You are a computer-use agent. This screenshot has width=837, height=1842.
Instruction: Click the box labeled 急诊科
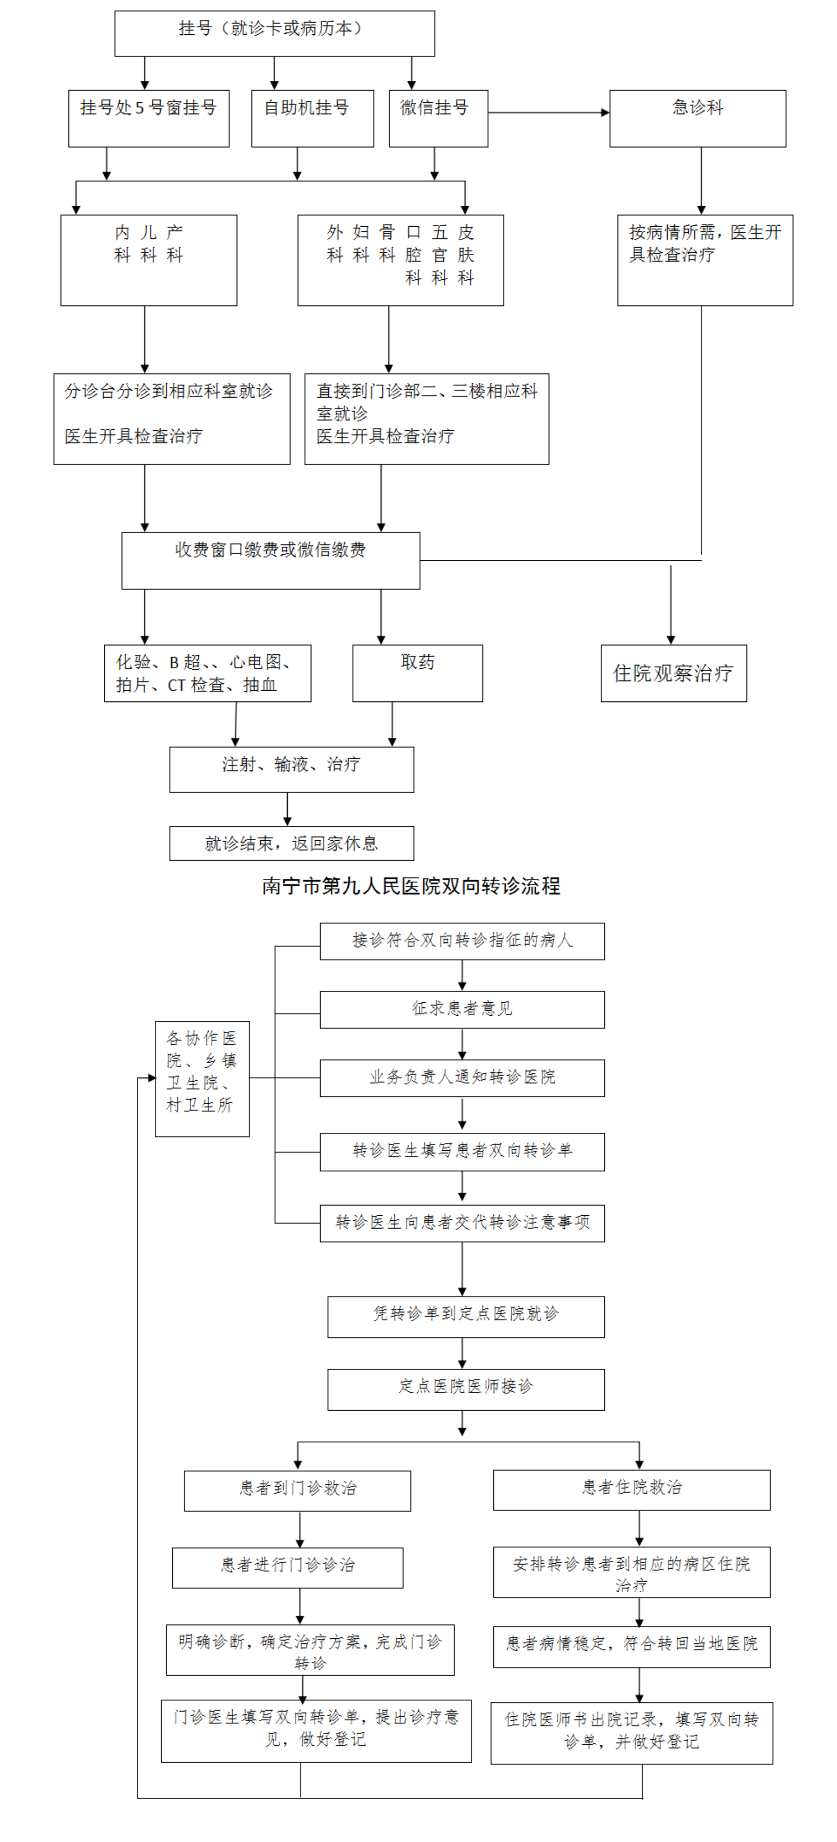(x=697, y=119)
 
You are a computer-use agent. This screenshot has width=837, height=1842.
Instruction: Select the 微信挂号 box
(x=438, y=119)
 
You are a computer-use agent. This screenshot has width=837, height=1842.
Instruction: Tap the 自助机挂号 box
(x=312, y=119)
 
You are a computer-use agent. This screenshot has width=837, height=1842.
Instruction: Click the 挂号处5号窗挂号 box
(x=149, y=119)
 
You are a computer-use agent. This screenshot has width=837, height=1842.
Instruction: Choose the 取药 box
(x=417, y=673)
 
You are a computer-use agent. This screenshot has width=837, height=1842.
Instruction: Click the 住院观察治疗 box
(x=673, y=673)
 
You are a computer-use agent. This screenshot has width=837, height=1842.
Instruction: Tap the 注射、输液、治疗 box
(x=291, y=770)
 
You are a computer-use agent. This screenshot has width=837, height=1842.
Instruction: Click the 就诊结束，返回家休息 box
(x=291, y=843)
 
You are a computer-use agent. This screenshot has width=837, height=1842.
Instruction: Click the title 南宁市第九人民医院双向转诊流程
(x=411, y=886)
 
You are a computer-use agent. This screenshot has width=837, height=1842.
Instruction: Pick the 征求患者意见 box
(x=462, y=1009)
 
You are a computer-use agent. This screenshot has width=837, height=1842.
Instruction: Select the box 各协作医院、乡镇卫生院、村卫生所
(x=202, y=1078)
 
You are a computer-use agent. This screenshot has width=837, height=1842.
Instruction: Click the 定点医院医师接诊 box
(x=466, y=1389)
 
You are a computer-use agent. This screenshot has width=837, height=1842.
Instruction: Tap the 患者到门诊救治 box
(x=298, y=1491)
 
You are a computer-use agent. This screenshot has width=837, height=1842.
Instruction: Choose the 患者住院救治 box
(x=632, y=1490)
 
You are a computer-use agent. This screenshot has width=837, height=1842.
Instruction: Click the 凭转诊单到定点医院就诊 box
(x=466, y=1317)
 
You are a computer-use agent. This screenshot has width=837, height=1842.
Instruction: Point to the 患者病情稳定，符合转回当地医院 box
(x=632, y=1647)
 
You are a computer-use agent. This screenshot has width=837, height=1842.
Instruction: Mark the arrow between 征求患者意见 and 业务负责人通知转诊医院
(x=462, y=1044)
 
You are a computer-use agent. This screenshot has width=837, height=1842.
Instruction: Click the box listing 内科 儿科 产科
(x=149, y=260)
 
